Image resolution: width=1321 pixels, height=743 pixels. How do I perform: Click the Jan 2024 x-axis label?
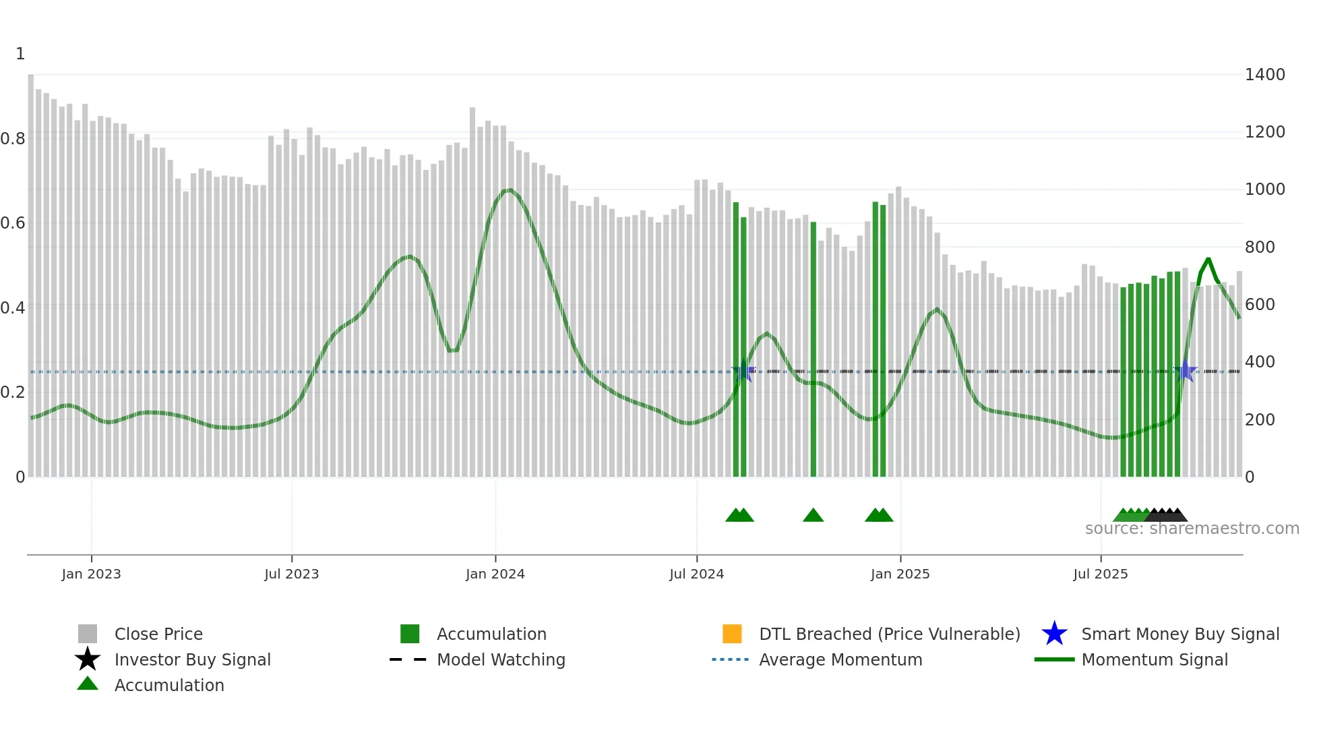495,574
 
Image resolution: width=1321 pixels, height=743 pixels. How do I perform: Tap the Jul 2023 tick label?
291,574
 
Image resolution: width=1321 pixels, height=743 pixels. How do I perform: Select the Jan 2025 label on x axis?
900,574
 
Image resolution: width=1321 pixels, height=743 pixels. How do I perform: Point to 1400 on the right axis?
1264,75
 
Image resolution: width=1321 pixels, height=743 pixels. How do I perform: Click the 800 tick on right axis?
1259,247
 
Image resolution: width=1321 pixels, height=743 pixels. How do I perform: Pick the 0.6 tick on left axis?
13,223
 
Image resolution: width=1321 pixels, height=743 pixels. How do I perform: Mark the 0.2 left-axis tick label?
13,392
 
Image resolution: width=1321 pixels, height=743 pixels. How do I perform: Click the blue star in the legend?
1054,634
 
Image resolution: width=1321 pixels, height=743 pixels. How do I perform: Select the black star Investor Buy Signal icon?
88,659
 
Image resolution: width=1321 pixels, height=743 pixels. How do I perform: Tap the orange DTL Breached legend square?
732,634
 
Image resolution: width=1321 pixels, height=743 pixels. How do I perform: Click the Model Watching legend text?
501,660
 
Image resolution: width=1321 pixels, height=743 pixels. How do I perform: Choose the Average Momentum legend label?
840,660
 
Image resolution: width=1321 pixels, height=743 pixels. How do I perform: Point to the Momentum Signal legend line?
1054,659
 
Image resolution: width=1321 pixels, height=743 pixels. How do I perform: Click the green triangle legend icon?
88,684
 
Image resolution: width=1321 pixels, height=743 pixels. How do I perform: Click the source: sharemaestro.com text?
1192,529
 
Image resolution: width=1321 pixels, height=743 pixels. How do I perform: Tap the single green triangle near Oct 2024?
813,516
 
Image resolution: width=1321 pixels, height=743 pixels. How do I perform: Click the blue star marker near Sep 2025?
1185,371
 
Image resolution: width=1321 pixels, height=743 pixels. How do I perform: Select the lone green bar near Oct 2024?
813,351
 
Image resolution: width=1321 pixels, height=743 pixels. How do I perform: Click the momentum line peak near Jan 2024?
510,190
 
